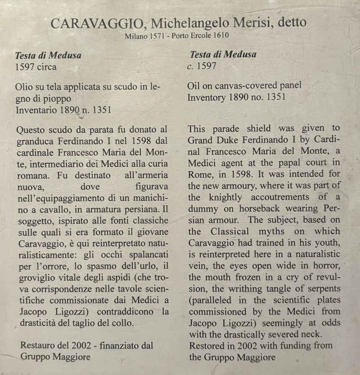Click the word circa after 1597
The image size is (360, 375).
[x=47, y=68]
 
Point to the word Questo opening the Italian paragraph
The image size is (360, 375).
[x=30, y=130]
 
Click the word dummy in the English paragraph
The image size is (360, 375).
[x=203, y=209]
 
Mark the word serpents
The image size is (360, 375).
[x=322, y=289]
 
